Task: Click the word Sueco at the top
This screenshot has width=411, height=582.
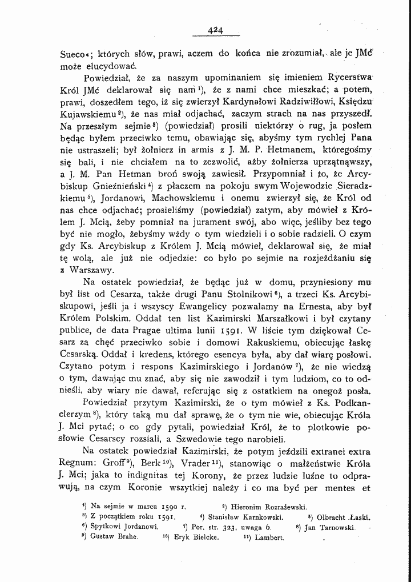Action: pos(74,57)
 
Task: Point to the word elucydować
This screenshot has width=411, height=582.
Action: pos(118,69)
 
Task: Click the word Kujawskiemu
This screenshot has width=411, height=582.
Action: pos(88,114)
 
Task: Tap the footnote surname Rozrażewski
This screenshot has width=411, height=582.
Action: pos(281,506)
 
